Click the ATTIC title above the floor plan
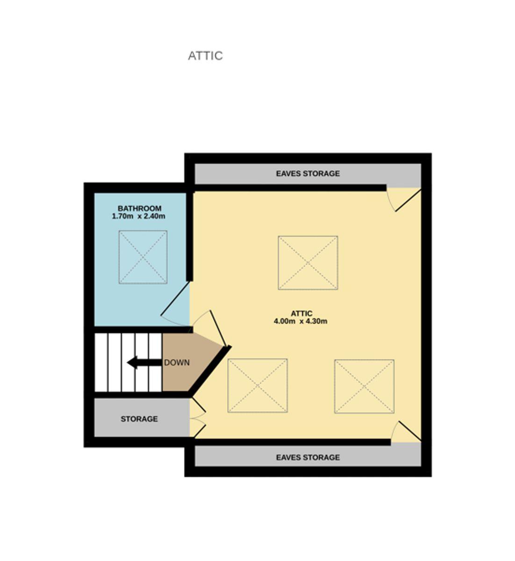[205, 56]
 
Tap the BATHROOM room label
[139, 209]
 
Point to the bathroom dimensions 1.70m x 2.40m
[139, 216]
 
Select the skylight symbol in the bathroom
[143, 257]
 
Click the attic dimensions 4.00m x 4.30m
[300, 321]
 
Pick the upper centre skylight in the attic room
[308, 263]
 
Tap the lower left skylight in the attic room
[257, 386]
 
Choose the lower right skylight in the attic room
[365, 386]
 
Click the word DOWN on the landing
[177, 363]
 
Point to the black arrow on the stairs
[144, 362]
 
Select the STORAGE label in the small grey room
[139, 419]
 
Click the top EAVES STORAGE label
[308, 173]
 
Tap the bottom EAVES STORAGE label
[308, 458]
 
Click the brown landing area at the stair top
[187, 362]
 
